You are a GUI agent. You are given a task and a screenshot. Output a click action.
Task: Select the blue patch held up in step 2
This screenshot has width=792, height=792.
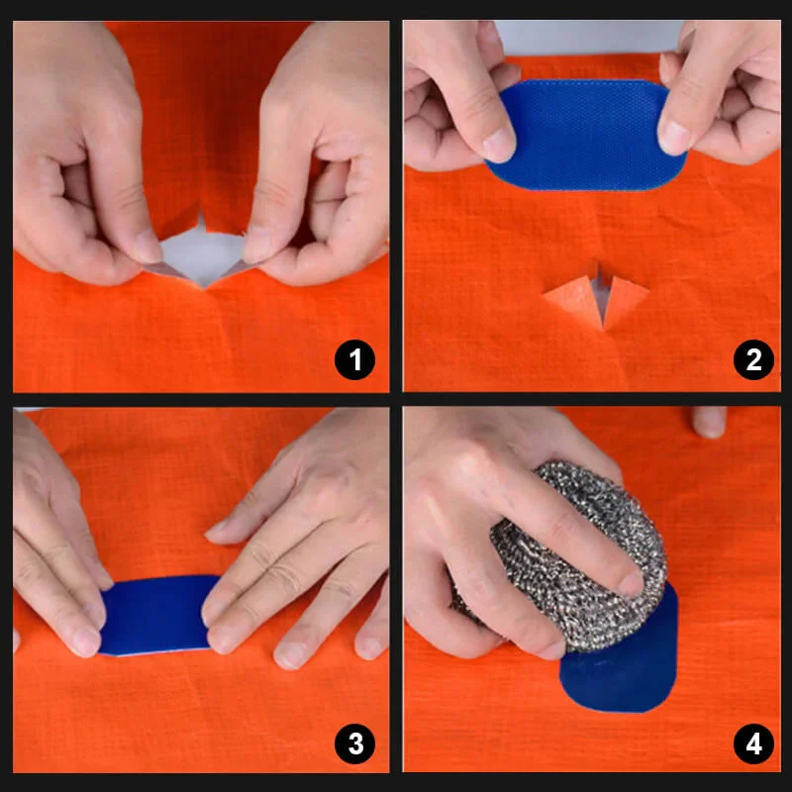coord(584,134)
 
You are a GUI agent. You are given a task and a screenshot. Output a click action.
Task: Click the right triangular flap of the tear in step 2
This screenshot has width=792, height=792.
coord(624,297)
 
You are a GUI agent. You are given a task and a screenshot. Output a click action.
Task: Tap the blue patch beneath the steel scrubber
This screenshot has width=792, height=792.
coord(624,673)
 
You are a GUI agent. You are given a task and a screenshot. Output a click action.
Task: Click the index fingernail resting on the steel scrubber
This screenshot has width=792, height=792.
coord(630,584)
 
